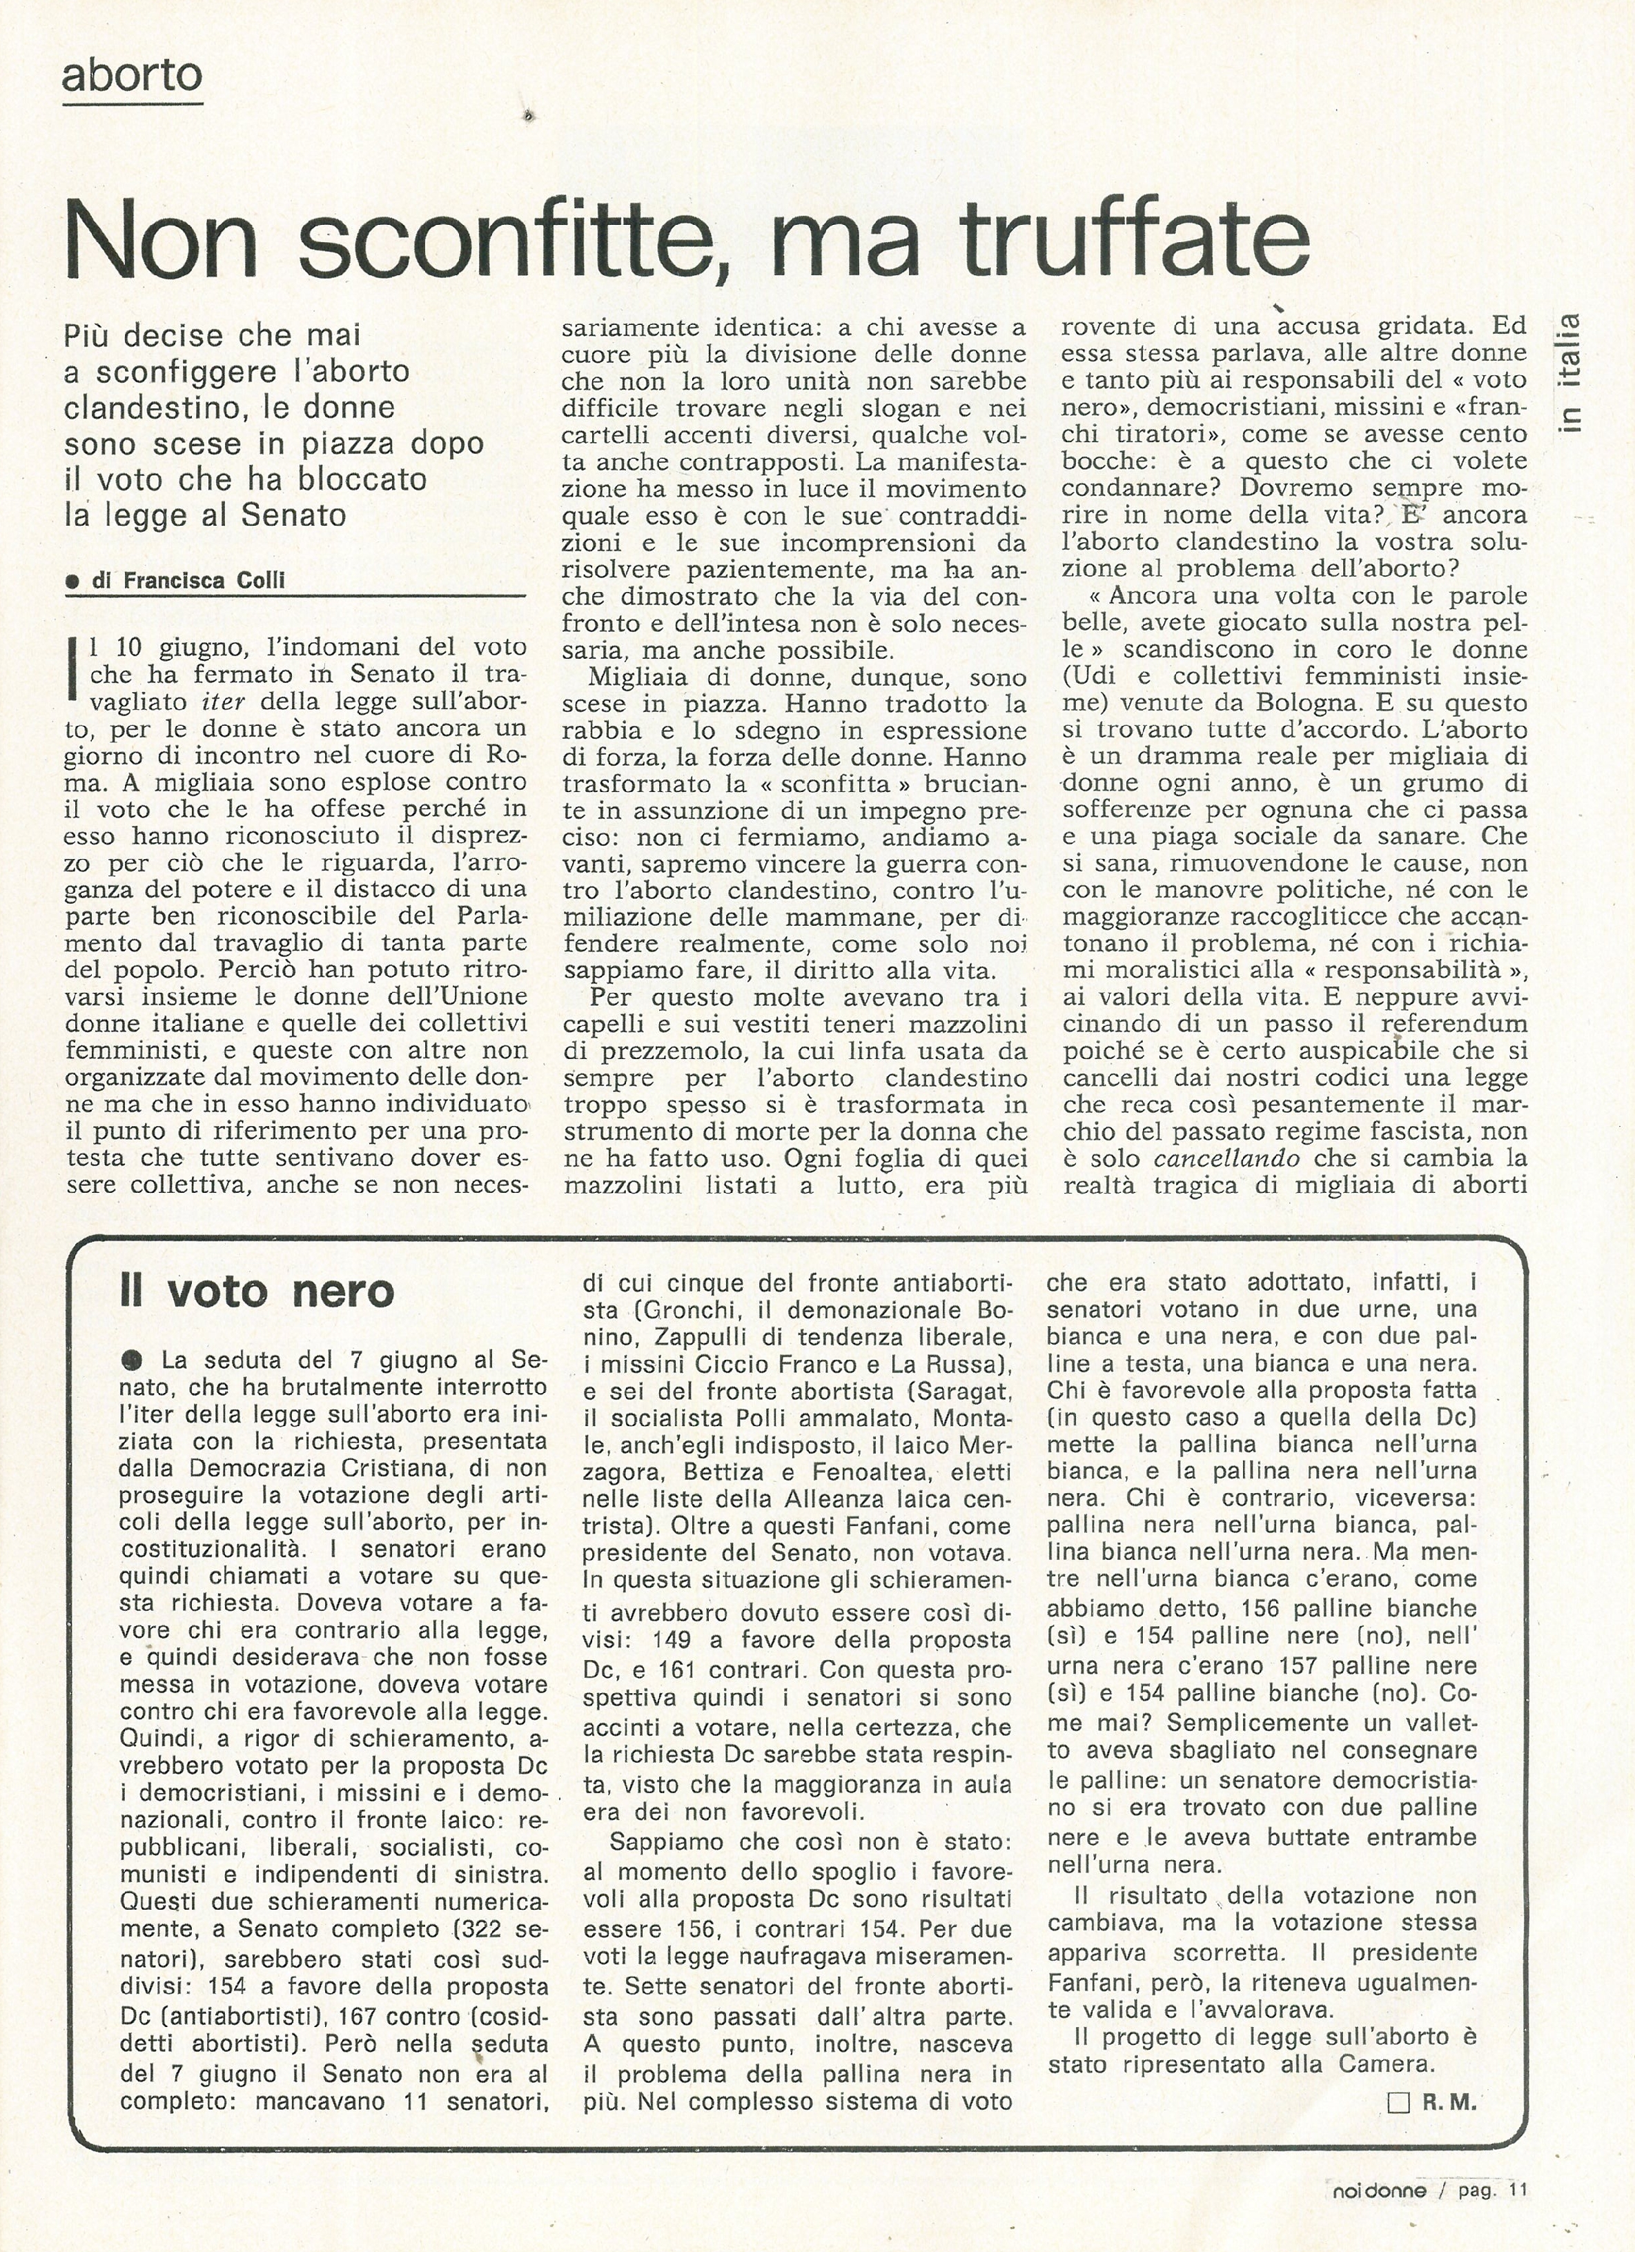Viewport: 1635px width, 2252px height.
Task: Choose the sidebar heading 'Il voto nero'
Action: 256,1292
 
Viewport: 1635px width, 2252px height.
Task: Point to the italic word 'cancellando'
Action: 1226,1158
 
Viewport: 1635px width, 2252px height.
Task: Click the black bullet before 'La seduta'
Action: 133,1361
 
